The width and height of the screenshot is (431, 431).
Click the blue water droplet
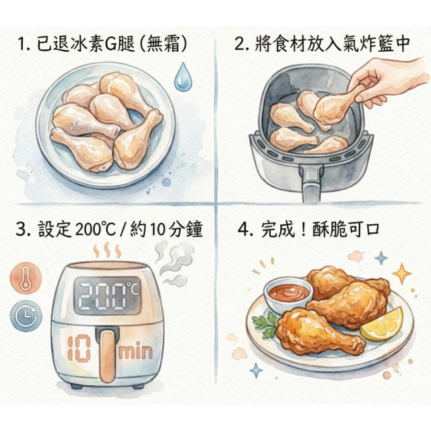(x=182, y=77)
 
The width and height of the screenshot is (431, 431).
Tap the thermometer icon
(x=26, y=277)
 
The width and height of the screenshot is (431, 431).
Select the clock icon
(x=26, y=316)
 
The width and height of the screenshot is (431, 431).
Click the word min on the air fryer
(x=137, y=352)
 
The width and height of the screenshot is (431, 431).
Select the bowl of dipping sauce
(x=289, y=292)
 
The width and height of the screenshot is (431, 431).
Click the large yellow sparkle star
(x=402, y=273)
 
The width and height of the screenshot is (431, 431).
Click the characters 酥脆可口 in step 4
(x=354, y=230)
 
